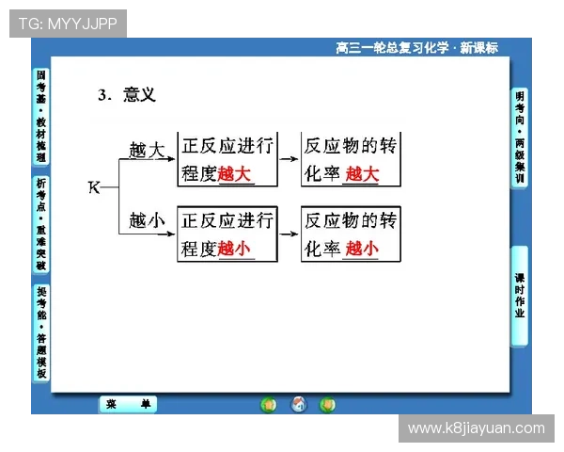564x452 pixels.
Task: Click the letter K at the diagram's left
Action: (93, 186)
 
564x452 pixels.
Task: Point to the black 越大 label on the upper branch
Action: (147, 149)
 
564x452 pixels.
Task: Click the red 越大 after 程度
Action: (235, 174)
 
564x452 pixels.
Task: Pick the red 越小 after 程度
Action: (235, 249)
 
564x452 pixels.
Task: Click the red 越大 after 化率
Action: (362, 174)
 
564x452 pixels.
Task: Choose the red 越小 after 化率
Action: (362, 249)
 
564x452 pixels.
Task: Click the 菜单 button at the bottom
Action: (129, 405)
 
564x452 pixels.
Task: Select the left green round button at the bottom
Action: (269, 405)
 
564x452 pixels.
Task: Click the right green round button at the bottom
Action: (327, 405)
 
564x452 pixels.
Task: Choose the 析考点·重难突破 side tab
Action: (40, 224)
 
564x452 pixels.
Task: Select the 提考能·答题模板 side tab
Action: (40, 332)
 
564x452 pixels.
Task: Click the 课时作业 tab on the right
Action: (520, 295)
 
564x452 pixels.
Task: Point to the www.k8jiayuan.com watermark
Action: (477, 428)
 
